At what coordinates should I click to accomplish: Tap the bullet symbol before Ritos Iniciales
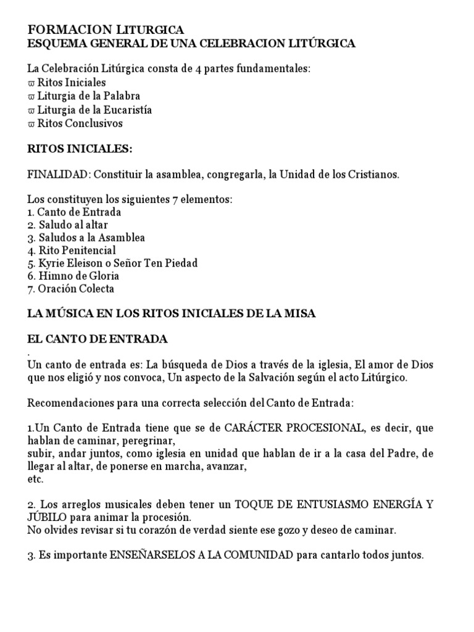point(31,83)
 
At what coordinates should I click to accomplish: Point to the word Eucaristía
point(128,110)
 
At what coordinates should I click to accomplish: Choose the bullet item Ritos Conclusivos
point(80,123)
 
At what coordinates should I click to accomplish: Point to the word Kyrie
point(51,264)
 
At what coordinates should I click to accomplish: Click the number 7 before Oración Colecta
point(30,289)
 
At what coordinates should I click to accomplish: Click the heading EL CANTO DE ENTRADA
point(98,339)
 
